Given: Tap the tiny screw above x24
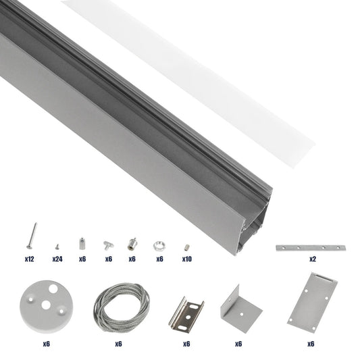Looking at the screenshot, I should click(57, 246).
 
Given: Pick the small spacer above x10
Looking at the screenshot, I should click(186, 245).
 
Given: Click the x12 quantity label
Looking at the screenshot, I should click(29, 259).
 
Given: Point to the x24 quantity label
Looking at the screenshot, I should click(57, 259).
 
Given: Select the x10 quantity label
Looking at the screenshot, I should click(187, 259).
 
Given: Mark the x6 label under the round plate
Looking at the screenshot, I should click(47, 344).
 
